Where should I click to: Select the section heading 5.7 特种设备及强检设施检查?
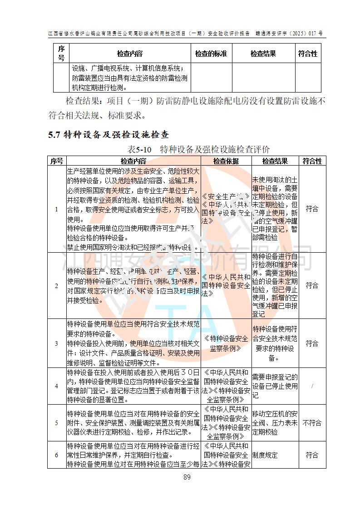tap(108, 135)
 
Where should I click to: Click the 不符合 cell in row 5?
tap(312, 423)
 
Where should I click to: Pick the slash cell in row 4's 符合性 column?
tap(312, 386)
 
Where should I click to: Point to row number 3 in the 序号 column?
tap(57, 343)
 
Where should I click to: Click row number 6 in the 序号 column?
tap(57, 455)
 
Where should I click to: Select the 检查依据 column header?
tap(226, 161)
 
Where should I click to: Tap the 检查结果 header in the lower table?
tap(275, 161)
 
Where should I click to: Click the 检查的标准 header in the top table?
tap(211, 54)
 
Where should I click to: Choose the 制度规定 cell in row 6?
tap(265, 455)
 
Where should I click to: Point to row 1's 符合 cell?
tap(312, 209)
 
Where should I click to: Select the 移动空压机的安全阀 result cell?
tap(275, 423)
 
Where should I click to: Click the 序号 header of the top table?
tap(61, 54)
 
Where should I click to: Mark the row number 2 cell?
tap(57, 285)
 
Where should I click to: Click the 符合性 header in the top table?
tap(308, 54)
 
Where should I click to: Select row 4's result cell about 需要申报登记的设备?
tap(275, 386)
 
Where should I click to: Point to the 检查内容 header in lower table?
tap(133, 161)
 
